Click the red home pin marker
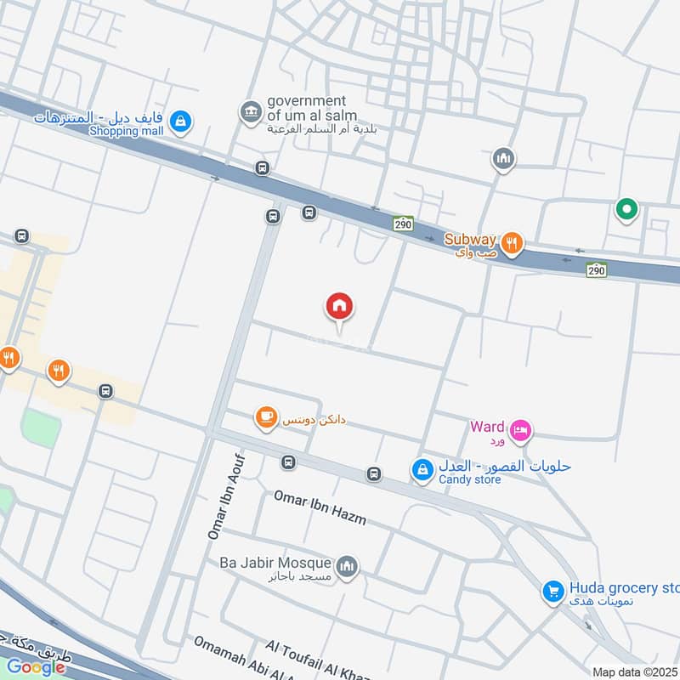tap(339, 307)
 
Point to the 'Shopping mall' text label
tap(127, 132)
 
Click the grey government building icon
tap(250, 112)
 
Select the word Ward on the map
tap(487, 427)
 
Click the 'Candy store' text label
tap(470, 479)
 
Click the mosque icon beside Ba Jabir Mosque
tap(346, 565)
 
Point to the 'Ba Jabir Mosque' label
tap(274, 562)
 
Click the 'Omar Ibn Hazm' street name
tap(320, 507)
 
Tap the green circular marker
tap(626, 208)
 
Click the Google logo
tap(36, 667)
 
